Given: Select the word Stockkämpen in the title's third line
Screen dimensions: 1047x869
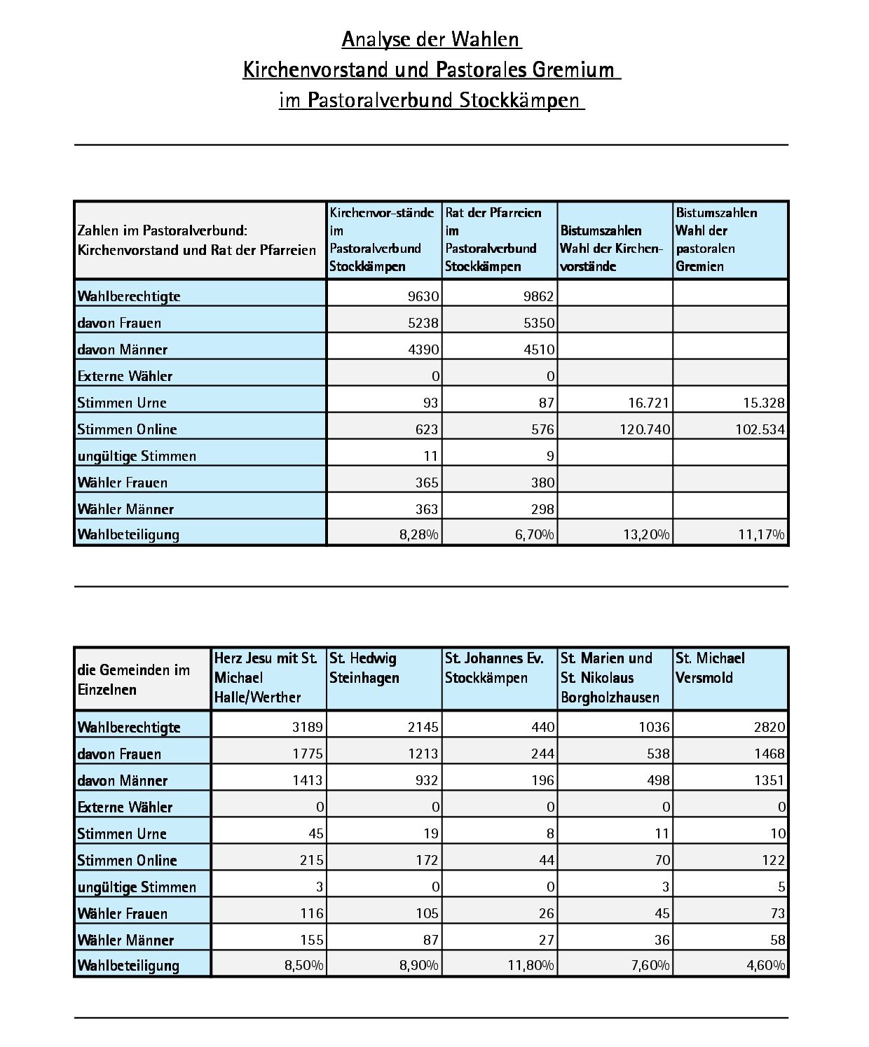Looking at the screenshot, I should pyautogui.click(x=519, y=101).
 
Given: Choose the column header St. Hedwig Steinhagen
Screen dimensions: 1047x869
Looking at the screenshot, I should pyautogui.click(x=384, y=678).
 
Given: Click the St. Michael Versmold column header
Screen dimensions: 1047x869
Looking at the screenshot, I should pyautogui.click(x=730, y=678).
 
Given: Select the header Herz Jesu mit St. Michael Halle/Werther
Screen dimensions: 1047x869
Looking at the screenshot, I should pyautogui.click(x=268, y=678).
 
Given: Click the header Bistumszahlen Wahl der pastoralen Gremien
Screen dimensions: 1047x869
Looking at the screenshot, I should pyautogui.click(x=730, y=240).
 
